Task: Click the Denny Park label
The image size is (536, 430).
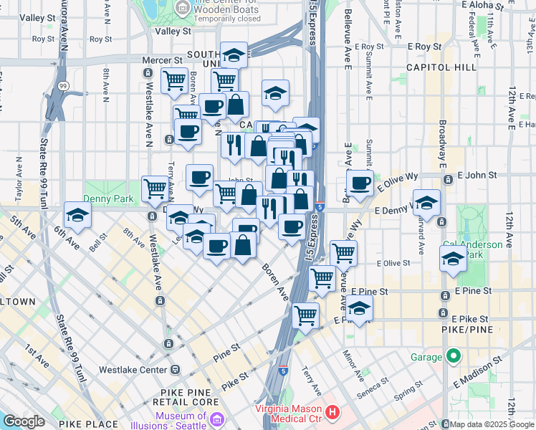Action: tap(105, 198)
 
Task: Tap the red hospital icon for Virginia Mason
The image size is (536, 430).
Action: tap(332, 412)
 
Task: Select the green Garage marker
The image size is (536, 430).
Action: tap(454, 355)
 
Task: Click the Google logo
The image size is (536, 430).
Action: tap(24, 421)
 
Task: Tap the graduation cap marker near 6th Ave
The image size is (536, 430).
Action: tap(77, 214)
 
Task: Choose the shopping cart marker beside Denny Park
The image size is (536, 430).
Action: tap(154, 188)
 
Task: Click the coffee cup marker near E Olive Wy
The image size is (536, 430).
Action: tap(360, 182)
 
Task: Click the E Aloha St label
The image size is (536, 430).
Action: tap(484, 4)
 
